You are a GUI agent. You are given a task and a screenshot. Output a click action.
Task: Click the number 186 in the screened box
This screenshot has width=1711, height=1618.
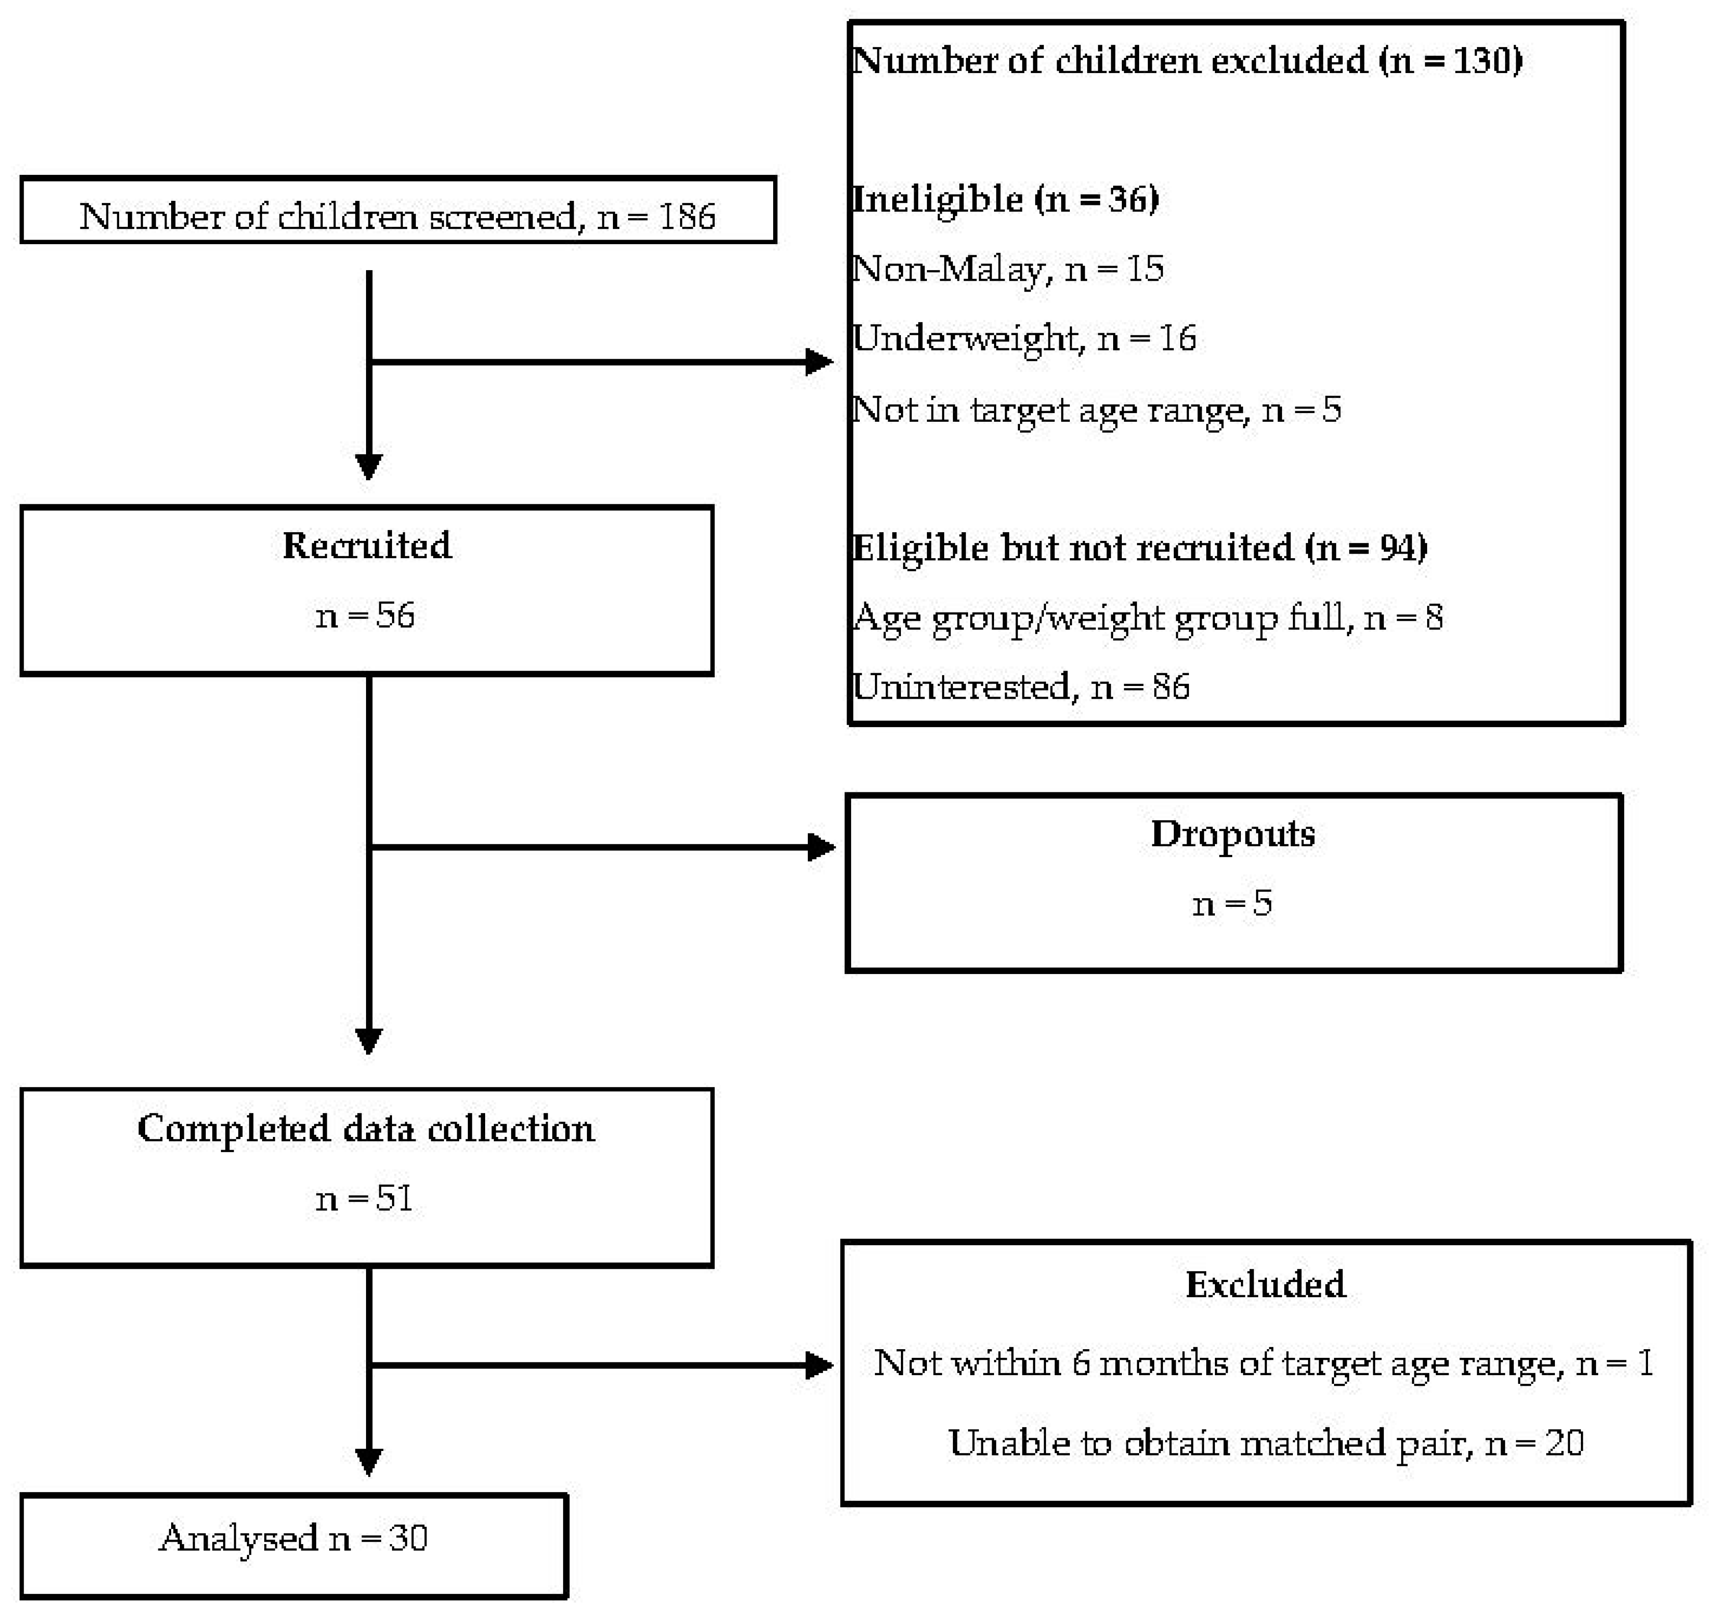686,216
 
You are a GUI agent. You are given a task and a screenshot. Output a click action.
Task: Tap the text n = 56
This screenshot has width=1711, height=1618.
366,616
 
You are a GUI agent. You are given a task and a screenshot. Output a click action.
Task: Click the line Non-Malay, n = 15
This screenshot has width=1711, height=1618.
1007,269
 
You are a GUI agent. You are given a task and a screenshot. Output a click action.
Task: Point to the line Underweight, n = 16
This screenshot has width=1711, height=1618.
1024,338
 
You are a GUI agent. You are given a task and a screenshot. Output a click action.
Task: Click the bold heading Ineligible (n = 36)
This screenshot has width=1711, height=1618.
1005,199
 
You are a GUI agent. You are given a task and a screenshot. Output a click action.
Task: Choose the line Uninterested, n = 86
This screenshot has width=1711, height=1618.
1020,687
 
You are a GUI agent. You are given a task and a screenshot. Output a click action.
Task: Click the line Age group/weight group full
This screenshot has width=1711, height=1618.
1147,618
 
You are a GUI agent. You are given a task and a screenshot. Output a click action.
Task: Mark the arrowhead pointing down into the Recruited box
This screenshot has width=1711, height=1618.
369,466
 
